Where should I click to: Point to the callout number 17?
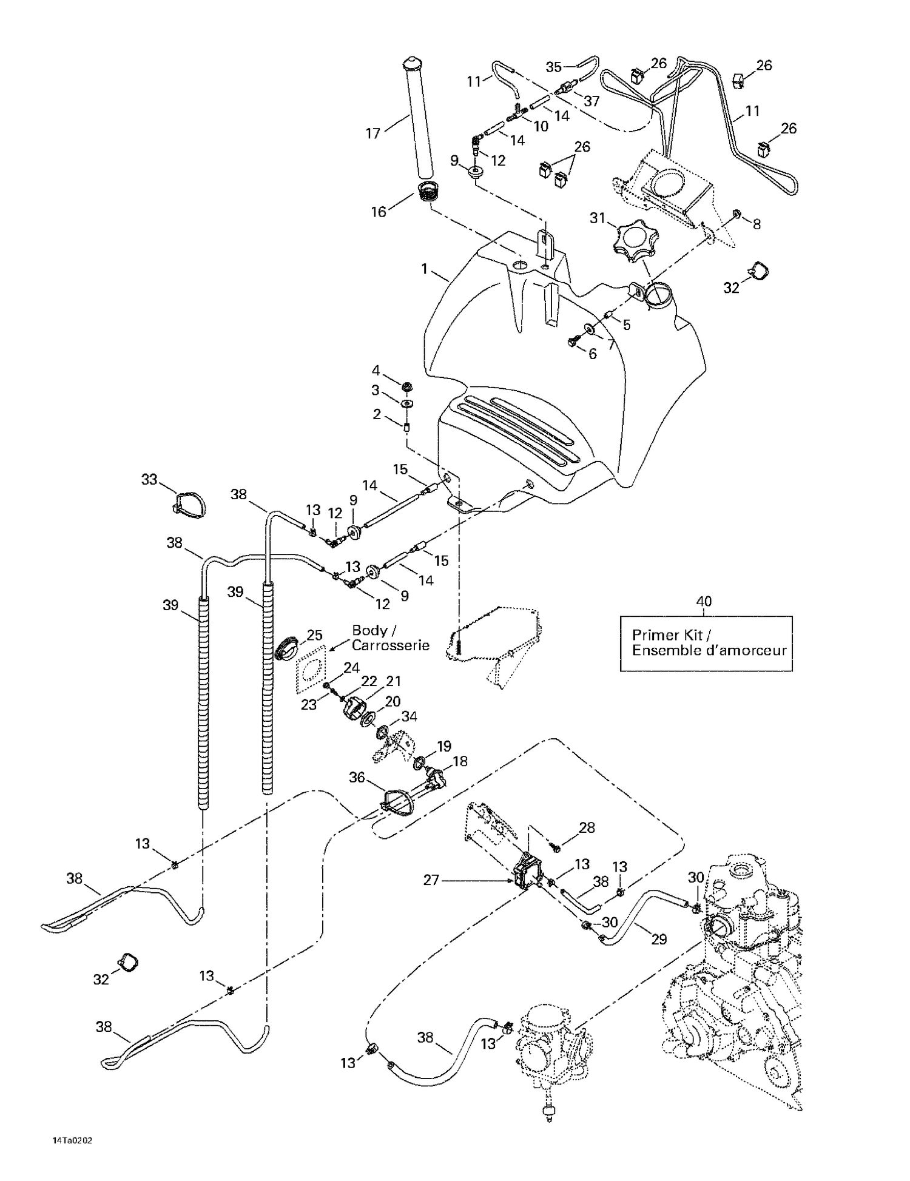coord(372,133)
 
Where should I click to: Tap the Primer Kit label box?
coord(706,643)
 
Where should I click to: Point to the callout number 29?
coord(659,939)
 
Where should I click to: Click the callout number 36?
coord(357,777)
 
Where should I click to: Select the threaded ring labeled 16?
coord(430,195)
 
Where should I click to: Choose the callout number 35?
coord(553,67)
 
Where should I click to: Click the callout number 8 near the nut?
coord(757,224)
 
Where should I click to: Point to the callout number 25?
coord(314,635)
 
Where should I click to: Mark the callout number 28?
coord(587,827)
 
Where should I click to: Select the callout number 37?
coord(591,101)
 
